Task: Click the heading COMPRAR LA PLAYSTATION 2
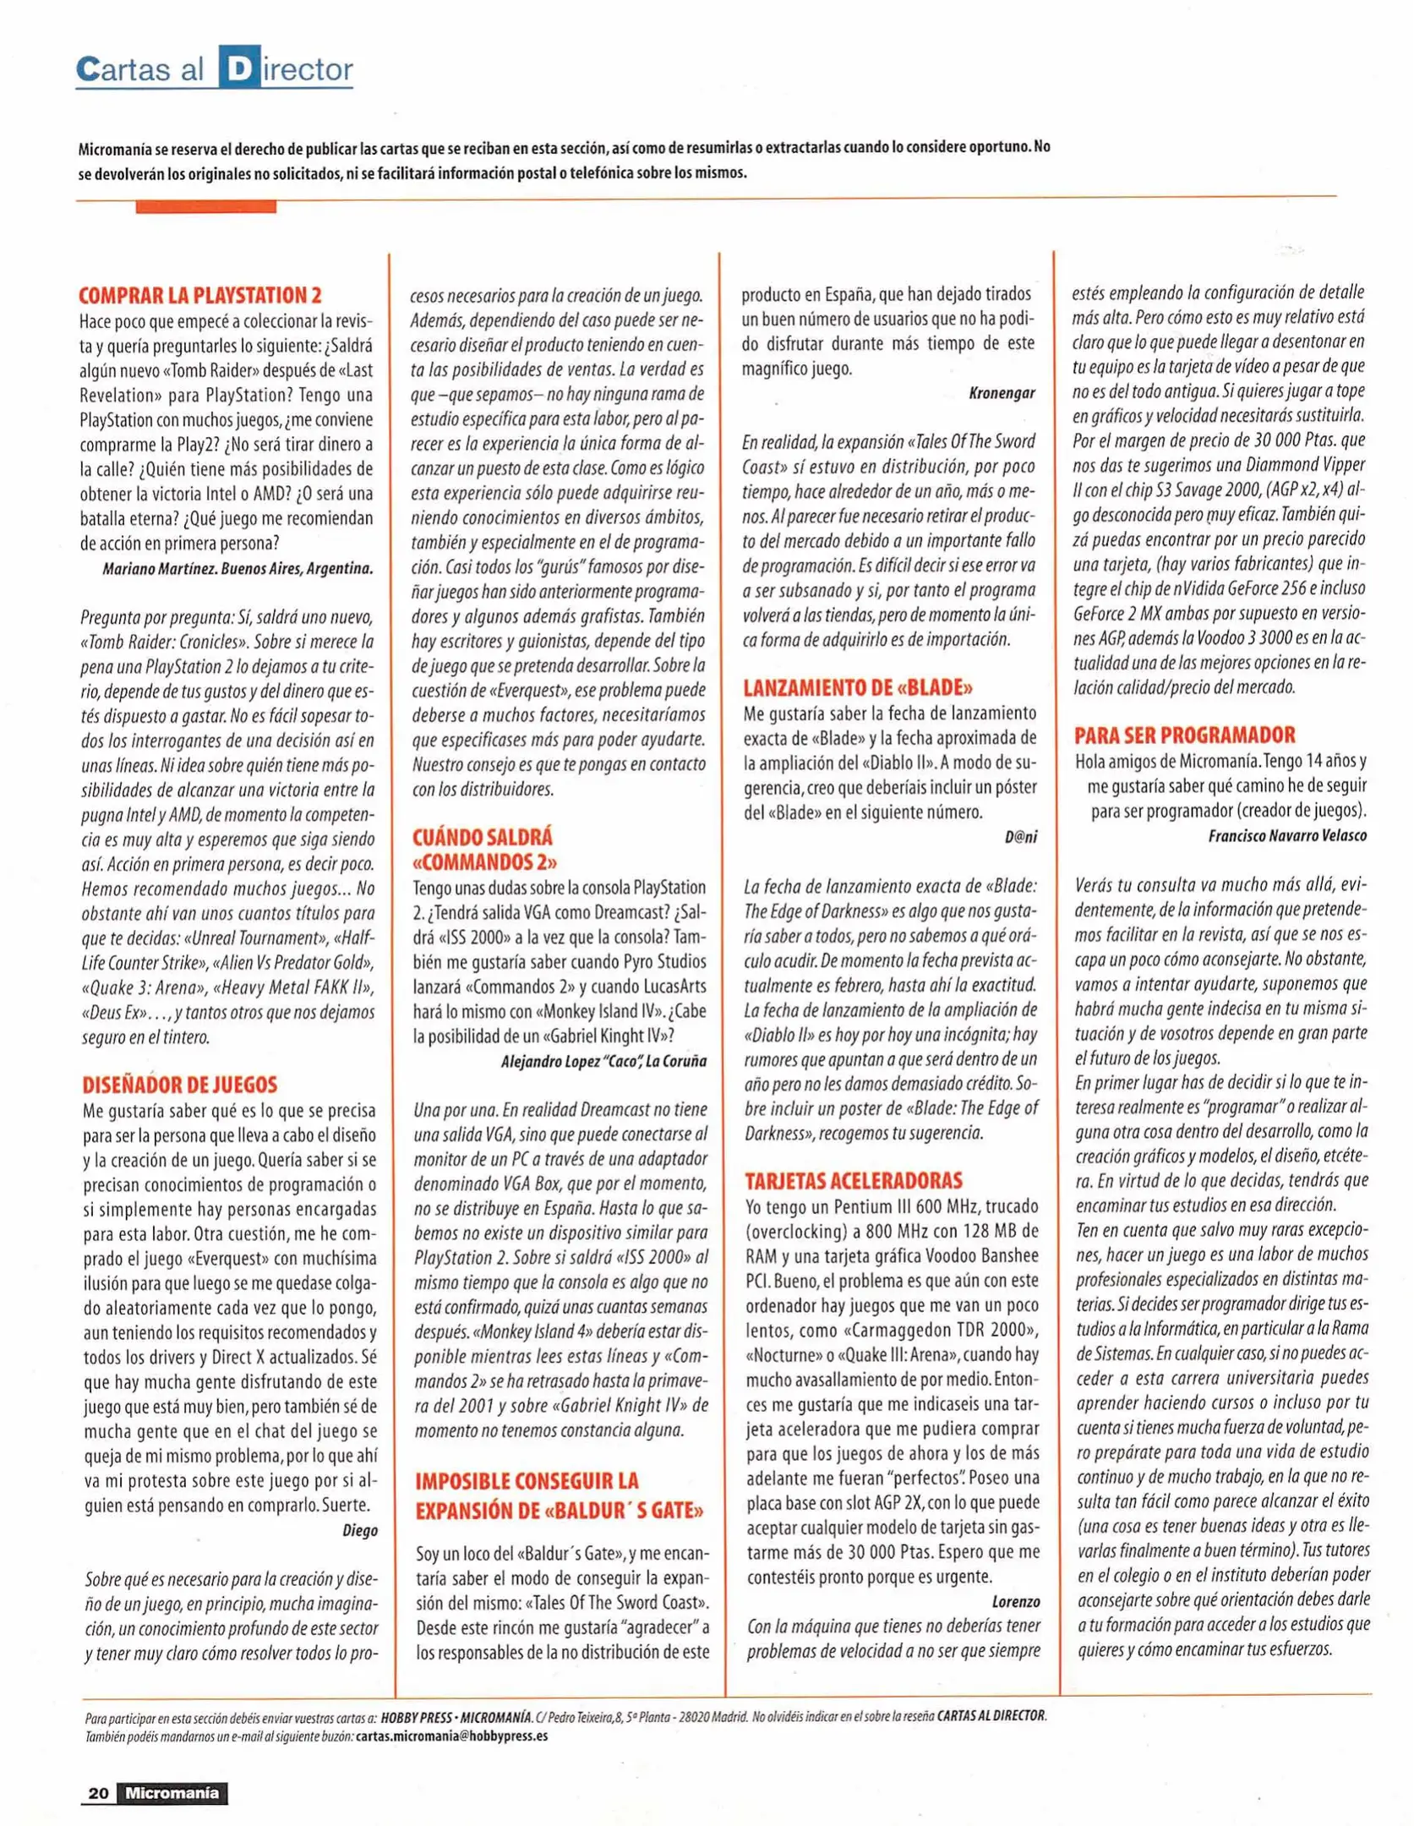[x=200, y=296]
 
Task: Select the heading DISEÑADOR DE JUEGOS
[x=179, y=1085]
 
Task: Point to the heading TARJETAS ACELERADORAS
[x=854, y=1180]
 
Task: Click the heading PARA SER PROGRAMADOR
[x=1185, y=735]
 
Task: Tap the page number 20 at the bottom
[x=98, y=1793]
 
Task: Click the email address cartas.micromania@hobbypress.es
[x=451, y=1736]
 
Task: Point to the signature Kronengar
[x=1002, y=393]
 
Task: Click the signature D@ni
[x=1020, y=837]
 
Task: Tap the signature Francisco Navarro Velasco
[x=1286, y=835]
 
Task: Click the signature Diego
[x=360, y=1530]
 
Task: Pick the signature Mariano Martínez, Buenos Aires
[x=237, y=568]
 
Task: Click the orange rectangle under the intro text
[x=205, y=206]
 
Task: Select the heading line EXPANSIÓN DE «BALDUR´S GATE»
[x=559, y=1511]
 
